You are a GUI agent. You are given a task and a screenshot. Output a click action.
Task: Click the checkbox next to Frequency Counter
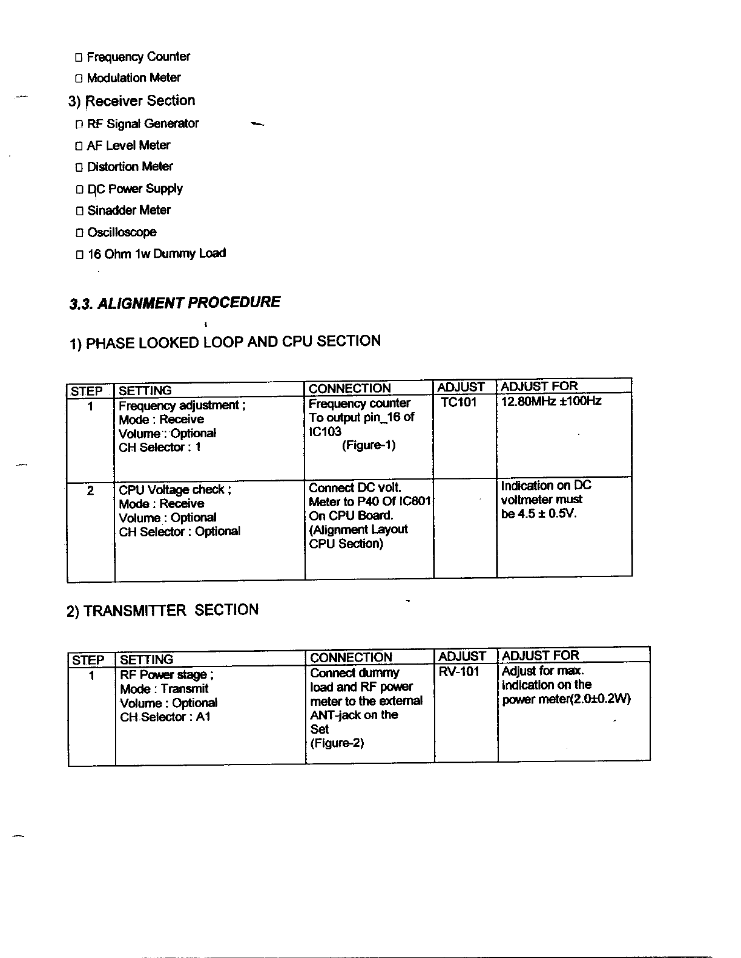79,58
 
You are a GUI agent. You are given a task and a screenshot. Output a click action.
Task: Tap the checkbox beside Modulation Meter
79,79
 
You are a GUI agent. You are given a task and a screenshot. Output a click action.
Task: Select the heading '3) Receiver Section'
132,101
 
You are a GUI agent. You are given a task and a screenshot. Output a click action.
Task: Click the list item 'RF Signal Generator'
143,124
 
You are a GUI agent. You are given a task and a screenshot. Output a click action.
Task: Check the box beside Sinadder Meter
79,212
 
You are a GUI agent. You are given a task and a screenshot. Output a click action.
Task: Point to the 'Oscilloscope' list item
122,233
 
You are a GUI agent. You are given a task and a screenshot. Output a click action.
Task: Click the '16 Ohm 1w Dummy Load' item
156,254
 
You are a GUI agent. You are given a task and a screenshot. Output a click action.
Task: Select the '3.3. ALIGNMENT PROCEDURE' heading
175,303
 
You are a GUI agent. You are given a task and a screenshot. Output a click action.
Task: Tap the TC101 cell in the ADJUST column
459,403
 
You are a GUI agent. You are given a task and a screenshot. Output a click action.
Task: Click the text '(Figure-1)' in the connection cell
369,446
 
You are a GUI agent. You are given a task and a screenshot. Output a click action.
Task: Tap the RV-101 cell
459,673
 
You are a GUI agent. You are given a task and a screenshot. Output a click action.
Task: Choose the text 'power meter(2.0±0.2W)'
567,700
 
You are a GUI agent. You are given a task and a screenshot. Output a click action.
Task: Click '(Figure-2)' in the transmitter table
337,743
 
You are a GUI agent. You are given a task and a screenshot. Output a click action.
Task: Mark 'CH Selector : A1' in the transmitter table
165,717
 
